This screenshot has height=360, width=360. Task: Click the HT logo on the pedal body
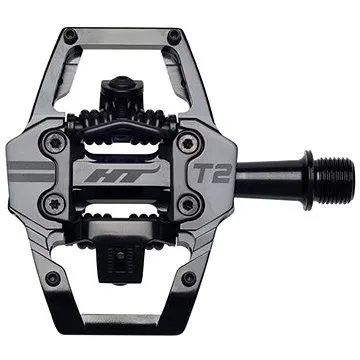(121, 174)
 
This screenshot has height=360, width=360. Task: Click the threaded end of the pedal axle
(334, 179)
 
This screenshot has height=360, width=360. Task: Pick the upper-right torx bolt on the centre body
(187, 144)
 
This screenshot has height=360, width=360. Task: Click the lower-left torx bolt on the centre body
(55, 203)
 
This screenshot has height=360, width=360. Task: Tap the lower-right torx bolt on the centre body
(187, 204)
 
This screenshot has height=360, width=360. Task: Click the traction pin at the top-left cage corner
(71, 35)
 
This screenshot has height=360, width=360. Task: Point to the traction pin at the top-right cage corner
(175, 36)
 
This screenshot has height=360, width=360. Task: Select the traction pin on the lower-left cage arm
(53, 278)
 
